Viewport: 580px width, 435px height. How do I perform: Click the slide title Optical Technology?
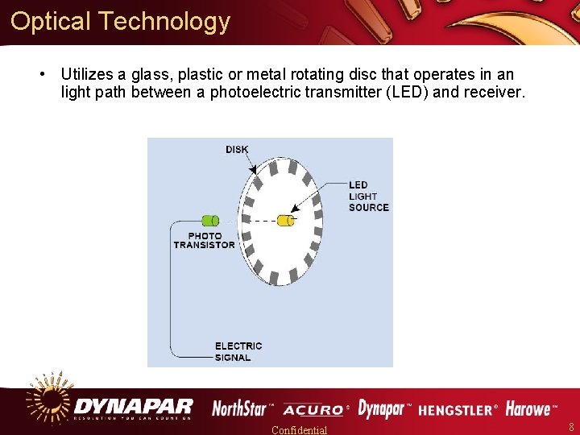pos(121,22)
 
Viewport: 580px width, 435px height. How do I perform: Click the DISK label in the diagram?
pos(237,149)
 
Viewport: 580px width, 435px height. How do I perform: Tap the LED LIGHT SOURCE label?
pos(368,197)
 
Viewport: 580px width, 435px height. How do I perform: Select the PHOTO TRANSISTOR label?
pos(205,240)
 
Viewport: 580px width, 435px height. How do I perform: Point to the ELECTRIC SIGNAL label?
pos(238,351)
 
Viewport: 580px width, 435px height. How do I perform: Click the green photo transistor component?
pos(209,220)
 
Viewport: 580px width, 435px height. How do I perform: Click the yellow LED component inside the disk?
pos(285,220)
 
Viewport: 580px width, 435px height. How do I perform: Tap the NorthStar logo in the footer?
pos(242,409)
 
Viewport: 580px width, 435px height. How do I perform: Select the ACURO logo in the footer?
pos(314,410)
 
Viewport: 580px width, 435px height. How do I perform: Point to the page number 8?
pos(571,427)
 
